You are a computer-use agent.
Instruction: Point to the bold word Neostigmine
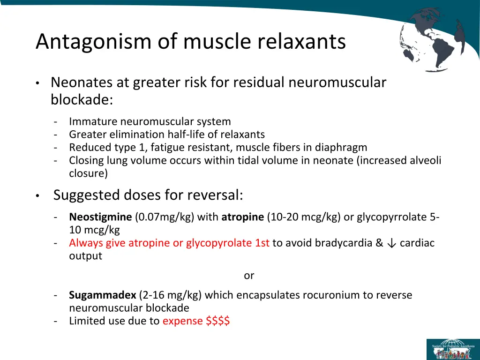[100, 217]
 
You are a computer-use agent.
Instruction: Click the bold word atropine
[242, 217]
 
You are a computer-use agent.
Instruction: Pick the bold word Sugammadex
[103, 295]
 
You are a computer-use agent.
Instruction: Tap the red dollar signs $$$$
[217, 321]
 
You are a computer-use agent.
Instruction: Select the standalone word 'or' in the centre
[249, 276]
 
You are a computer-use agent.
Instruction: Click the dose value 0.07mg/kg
[165, 217]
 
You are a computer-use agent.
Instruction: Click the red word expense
[182, 321]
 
